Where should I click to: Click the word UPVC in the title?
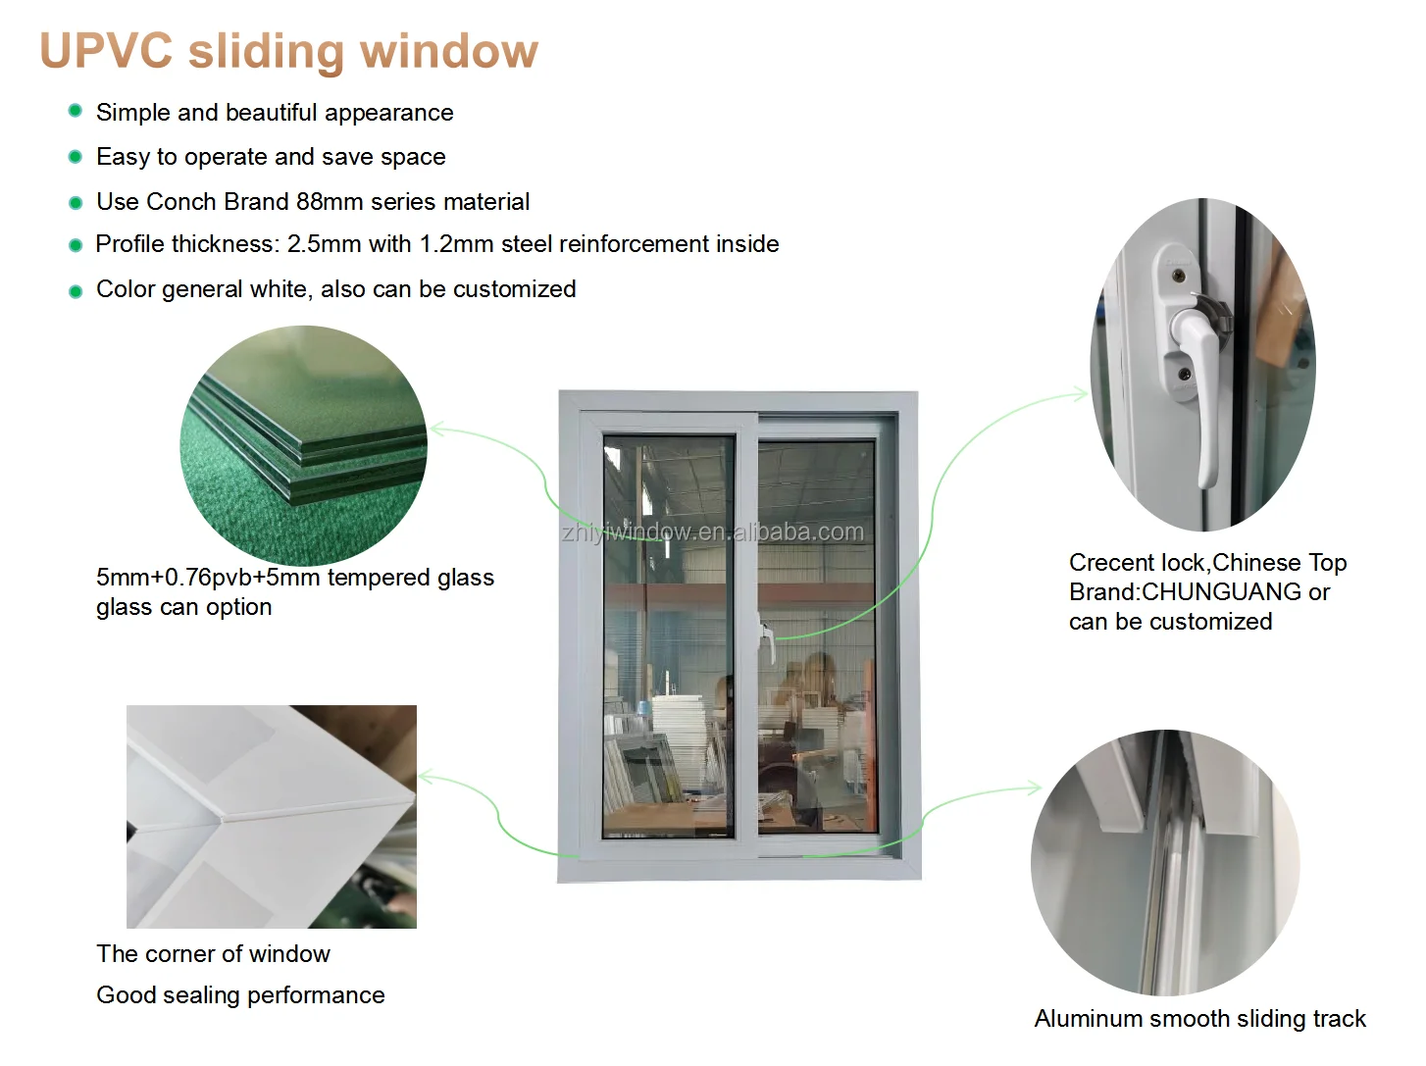pos(106,51)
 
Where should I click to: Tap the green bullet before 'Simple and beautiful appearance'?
pos(75,111)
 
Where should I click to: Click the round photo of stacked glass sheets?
pos(303,445)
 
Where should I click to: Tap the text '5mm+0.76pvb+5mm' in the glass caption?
pos(208,578)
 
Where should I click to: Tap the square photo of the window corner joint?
pos(272,816)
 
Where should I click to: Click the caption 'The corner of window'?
pos(213,954)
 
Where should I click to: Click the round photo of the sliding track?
pos(1165,863)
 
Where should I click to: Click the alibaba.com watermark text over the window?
pos(712,533)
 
